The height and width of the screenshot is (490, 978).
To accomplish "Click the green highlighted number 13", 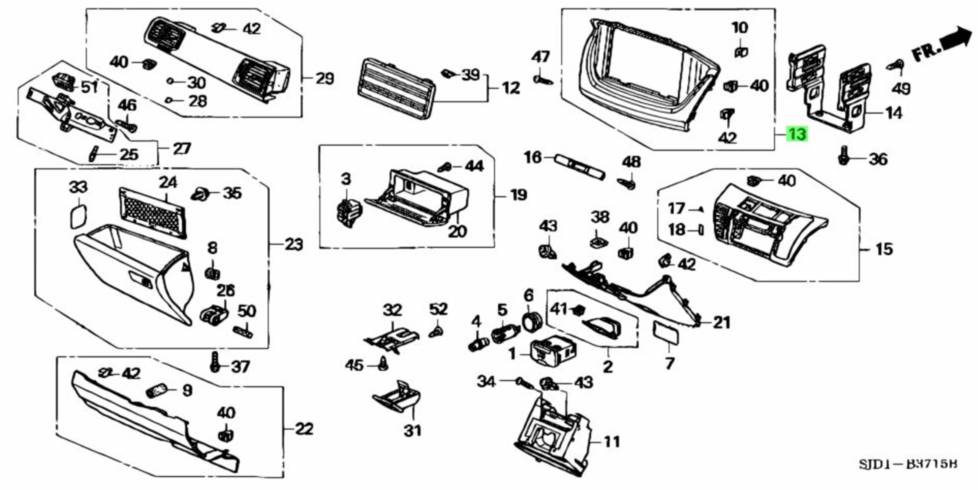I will click(x=797, y=134).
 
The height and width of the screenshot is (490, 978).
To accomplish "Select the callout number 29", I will click(x=325, y=78).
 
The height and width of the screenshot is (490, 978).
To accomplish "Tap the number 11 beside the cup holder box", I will click(x=612, y=441).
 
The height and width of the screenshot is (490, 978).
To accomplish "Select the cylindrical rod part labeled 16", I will click(x=578, y=166).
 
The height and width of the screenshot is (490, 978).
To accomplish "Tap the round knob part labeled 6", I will click(x=531, y=320).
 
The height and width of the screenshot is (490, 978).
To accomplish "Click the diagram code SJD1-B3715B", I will click(x=908, y=465).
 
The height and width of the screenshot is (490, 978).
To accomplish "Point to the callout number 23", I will click(x=293, y=244).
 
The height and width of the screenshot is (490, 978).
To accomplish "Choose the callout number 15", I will click(x=884, y=249).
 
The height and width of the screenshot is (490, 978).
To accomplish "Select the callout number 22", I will click(x=304, y=429).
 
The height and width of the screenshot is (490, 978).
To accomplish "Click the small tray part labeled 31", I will click(x=397, y=397).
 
